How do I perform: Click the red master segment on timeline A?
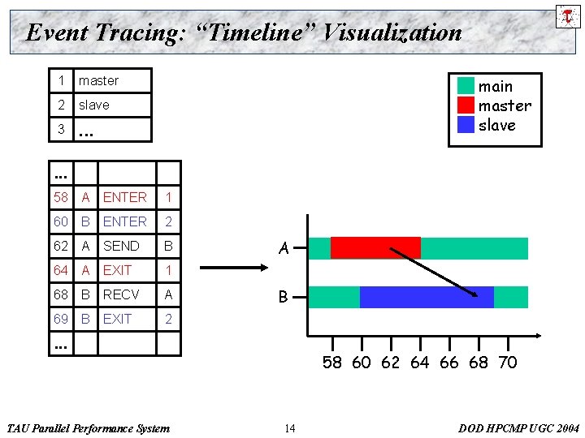375,247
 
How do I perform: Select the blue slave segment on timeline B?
427,297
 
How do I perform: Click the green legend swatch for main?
466,86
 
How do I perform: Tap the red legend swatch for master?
466,105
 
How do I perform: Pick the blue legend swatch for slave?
466,125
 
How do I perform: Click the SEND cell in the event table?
121,246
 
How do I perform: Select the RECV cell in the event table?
121,294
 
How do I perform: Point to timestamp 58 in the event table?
61,197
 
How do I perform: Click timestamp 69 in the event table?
61,319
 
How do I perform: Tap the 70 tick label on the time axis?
507,363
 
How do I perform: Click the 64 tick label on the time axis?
419,363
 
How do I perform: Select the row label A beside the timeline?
284,249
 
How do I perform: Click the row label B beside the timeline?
284,298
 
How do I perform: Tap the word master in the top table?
98,80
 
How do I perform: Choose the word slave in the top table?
93,105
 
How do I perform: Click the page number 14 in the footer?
290,428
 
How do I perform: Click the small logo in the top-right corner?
567,15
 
